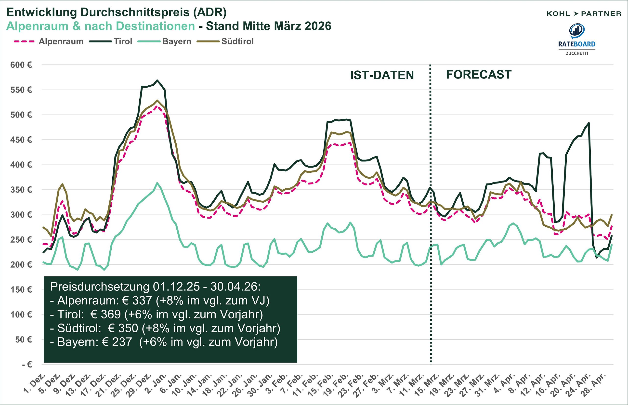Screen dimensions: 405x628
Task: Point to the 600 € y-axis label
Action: (x=21, y=65)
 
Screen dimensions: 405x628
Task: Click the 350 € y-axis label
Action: (x=21, y=190)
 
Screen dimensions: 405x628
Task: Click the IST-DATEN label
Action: (x=382, y=75)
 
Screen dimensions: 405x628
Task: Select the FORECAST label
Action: (x=479, y=75)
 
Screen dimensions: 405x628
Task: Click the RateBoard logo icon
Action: (x=577, y=31)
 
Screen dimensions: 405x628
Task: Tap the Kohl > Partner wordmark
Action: (x=584, y=14)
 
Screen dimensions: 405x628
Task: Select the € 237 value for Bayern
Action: (x=117, y=342)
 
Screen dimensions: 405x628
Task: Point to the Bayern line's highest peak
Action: (x=157, y=183)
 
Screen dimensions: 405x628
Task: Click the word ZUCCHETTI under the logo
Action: (x=577, y=53)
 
